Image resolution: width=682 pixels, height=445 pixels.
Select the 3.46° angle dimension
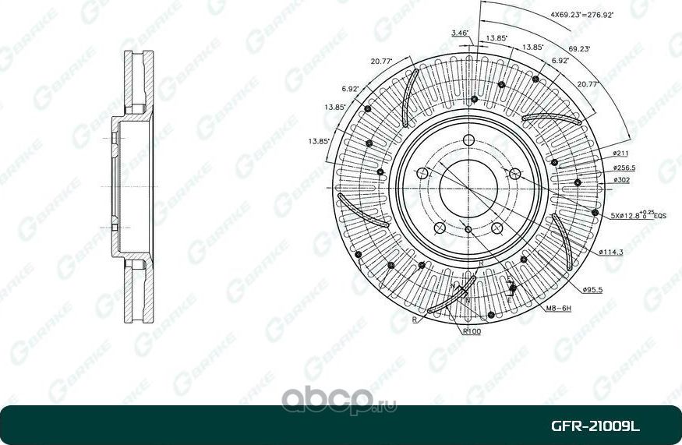[x=459, y=33]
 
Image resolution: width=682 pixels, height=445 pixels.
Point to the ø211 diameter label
[x=621, y=154]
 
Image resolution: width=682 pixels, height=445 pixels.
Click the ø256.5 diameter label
[x=625, y=168]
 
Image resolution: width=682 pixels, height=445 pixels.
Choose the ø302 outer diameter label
[x=621, y=180]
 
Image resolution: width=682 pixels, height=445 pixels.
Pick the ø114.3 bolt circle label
[x=613, y=253]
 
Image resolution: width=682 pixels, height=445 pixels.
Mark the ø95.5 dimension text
[x=594, y=290]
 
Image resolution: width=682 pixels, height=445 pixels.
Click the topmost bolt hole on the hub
[x=468, y=140]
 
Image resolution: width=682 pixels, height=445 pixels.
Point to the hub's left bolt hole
[x=421, y=173]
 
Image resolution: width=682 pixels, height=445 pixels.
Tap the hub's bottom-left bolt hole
[x=439, y=228]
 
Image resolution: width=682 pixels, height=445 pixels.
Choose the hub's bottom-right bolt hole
[x=496, y=228]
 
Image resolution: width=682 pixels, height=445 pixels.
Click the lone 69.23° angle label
[x=579, y=48]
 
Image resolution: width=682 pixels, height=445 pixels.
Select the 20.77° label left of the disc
[x=381, y=61]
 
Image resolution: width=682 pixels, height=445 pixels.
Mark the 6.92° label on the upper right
[x=559, y=60]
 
